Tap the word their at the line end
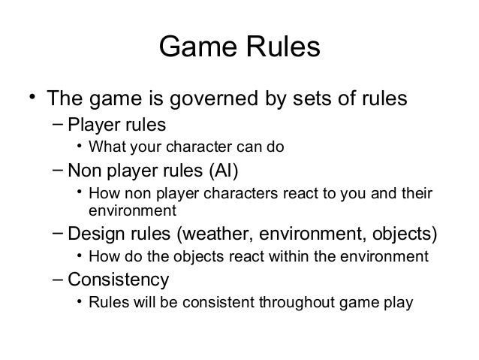click(417, 195)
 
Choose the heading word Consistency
click(119, 280)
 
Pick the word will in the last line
click(142, 304)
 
